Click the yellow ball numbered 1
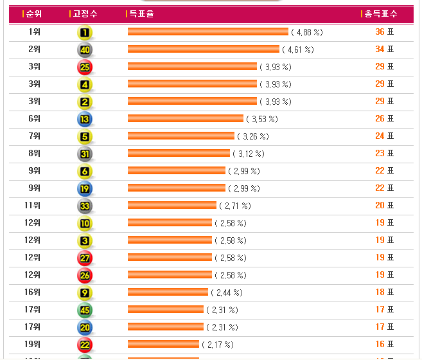(85, 33)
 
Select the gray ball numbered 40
(85, 50)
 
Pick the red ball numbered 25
(85, 67)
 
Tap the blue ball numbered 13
(85, 120)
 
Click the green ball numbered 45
(85, 310)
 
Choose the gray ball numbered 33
(85, 206)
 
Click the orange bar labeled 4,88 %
(207, 32)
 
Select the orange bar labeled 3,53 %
(186, 119)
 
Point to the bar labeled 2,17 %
(163, 344)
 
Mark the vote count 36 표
(384, 32)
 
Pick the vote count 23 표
(384, 154)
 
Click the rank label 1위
(35, 32)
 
